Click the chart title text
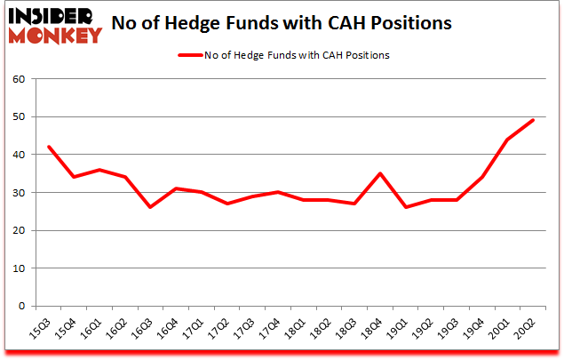[295, 23]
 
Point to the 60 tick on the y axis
[19, 79]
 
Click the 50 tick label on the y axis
[19, 117]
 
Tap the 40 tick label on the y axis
[19, 155]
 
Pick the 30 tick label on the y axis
[19, 193]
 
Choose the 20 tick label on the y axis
[19, 230]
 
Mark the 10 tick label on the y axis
[19, 268]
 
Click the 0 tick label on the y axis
[22, 306]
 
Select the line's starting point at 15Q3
[49, 147]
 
